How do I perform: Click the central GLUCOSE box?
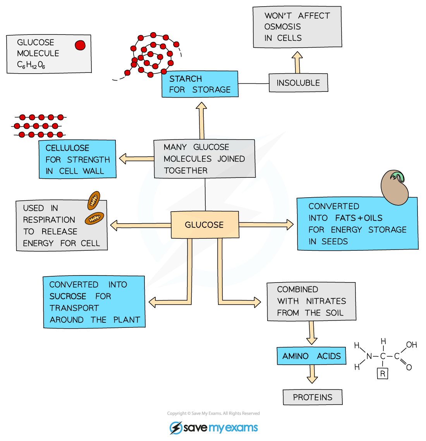tap(204, 225)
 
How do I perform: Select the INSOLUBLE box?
tap(298, 83)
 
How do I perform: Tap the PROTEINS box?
tap(313, 397)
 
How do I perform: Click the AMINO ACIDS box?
tap(311, 356)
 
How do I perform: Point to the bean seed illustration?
tap(395, 187)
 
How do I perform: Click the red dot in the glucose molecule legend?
tap(80, 45)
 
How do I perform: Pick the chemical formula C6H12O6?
tap(31, 65)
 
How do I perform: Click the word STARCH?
tap(186, 79)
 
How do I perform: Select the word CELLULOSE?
tap(67, 148)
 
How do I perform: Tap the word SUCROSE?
tap(68, 296)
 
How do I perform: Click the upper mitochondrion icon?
tap(94, 200)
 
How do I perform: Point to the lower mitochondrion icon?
tap(94, 219)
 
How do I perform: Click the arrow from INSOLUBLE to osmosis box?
tap(297, 63)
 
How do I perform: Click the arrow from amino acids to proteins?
tap(312, 374)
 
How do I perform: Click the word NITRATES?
tap(326, 301)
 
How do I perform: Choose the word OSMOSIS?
tap(282, 27)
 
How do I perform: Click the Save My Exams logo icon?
tap(176, 428)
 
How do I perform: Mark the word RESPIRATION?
tap(49, 220)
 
